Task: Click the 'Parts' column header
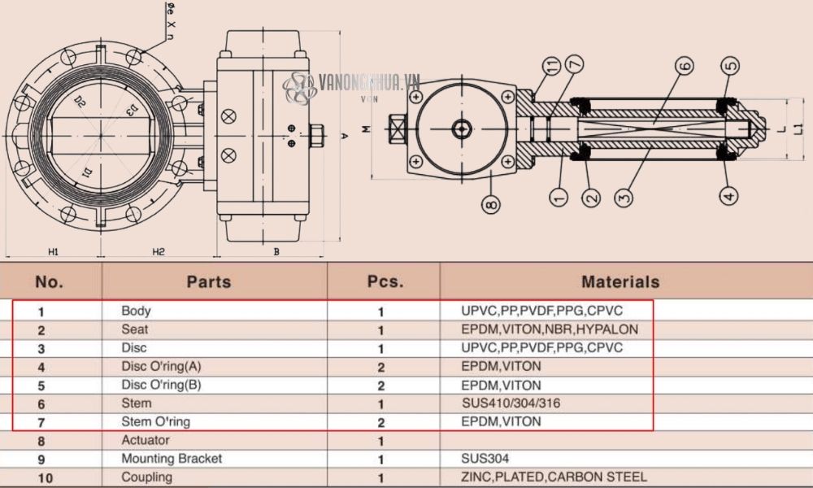pos(209,282)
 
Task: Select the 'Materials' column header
pos(620,282)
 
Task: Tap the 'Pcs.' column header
pos(385,282)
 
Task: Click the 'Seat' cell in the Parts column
pos(135,329)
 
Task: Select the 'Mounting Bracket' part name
pos(172,459)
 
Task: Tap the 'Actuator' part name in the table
pos(146,440)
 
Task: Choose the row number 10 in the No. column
pos(46,478)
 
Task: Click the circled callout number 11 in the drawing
pos(554,66)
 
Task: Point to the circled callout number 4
pos(728,194)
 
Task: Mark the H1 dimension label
pos(54,251)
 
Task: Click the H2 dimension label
pos(158,251)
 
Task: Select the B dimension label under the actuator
pos(276,251)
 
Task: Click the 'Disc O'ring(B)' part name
pos(161,385)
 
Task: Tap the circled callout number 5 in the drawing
pos(729,65)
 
